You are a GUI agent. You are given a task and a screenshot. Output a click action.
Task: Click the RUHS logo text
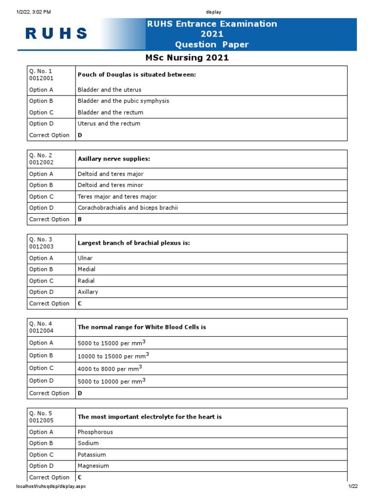coord(56,34)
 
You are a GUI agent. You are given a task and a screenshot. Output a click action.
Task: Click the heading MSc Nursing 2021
coord(187,58)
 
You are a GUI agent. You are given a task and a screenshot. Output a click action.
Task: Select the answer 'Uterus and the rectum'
coord(109,124)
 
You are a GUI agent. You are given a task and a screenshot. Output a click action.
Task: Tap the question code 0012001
coord(41,78)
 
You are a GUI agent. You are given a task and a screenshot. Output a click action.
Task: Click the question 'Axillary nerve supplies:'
coord(114,159)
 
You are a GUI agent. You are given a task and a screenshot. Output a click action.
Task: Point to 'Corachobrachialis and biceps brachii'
coord(128,208)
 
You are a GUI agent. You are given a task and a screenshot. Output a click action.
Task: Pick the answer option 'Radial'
coord(86,281)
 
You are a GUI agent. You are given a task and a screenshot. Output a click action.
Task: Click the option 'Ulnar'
coord(85,258)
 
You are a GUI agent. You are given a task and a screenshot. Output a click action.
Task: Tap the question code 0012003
coord(41,247)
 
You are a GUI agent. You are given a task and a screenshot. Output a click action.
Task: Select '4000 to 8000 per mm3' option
coord(110,368)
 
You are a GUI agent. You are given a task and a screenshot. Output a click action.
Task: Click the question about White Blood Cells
coord(142,327)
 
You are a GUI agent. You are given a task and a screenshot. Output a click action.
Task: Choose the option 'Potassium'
coord(92,455)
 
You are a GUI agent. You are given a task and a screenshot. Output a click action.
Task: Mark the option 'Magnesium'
coord(93,466)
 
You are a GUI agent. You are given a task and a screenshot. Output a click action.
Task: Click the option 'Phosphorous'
coord(95,432)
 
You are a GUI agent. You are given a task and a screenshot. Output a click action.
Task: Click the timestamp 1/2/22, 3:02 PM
coord(34,12)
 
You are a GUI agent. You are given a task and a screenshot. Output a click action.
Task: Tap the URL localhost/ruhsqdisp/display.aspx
coord(52,486)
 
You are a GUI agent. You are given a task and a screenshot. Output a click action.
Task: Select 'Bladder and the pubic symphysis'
coord(123,101)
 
